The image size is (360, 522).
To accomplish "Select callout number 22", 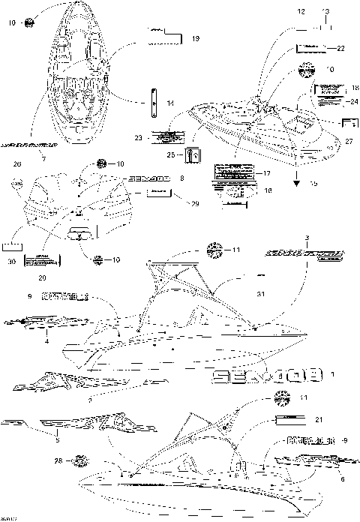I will coord(340,48).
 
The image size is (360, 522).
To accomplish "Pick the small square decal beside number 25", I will coord(192,155).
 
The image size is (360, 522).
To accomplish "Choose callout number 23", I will coord(137,138).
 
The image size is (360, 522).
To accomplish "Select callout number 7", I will coord(43,159).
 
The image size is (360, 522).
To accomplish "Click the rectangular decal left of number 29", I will coord(159,193).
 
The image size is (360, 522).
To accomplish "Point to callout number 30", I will coord(11,261).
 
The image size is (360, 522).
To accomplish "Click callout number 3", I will coord(286,238).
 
